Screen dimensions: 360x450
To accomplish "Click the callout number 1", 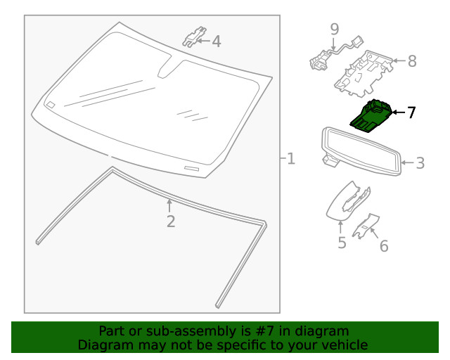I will click(290, 160).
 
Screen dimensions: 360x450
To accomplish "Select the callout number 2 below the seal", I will click(170, 222).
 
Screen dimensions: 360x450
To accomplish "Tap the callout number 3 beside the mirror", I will click(420, 164).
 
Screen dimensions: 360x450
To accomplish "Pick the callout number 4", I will click(216, 41).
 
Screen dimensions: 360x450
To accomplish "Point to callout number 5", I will click(341, 243).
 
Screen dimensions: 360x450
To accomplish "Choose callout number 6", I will click(384, 245).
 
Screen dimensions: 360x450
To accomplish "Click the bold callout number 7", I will click(411, 112).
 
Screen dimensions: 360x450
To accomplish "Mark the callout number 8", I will click(412, 61).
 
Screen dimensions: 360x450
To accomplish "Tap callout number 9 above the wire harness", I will click(335, 29).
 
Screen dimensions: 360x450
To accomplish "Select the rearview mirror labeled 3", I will click(361, 148).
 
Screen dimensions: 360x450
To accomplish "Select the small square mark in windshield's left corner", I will click(51, 104).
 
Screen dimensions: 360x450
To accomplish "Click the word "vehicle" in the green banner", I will click(342, 345).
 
